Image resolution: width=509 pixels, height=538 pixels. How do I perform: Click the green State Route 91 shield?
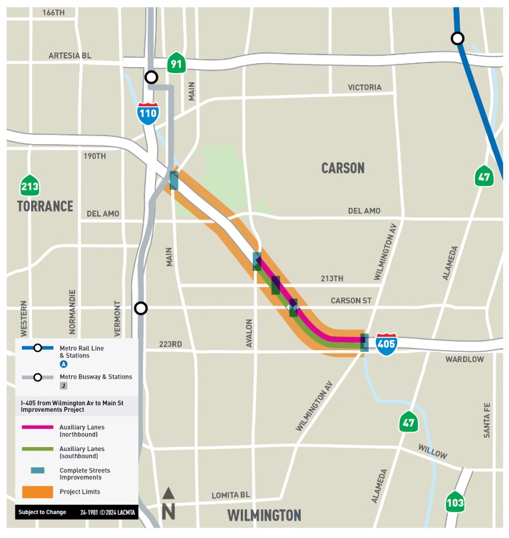pyautogui.click(x=176, y=63)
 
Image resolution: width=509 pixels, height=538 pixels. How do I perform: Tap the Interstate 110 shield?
pyautogui.click(x=148, y=114)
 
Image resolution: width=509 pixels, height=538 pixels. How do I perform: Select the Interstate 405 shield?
pyautogui.click(x=387, y=343)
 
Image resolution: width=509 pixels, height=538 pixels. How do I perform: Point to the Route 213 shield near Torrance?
pyautogui.click(x=29, y=185)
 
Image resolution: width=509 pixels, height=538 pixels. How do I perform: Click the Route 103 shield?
pyautogui.click(x=454, y=501)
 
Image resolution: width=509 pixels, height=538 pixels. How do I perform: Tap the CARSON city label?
pyautogui.click(x=343, y=168)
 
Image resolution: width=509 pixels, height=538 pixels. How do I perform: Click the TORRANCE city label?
pyautogui.click(x=45, y=206)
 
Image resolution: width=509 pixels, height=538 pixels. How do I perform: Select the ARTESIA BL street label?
pyautogui.click(x=70, y=56)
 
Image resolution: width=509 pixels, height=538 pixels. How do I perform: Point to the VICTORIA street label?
pyautogui.click(x=365, y=88)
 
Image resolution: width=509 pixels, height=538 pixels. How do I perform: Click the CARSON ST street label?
pyautogui.click(x=351, y=300)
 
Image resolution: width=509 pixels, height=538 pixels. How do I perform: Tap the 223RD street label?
pyautogui.click(x=170, y=344)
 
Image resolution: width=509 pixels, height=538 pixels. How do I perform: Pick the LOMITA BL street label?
pyautogui.click(x=231, y=495)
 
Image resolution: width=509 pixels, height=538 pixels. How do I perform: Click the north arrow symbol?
pyautogui.click(x=168, y=503)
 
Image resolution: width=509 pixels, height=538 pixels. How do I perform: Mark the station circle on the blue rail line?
pyautogui.click(x=458, y=39)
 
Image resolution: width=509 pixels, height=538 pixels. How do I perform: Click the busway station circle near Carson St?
pyautogui.click(x=140, y=308)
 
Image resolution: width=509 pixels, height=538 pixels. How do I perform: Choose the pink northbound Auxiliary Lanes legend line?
pyautogui.click(x=37, y=427)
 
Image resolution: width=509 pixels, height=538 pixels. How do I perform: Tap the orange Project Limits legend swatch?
pyautogui.click(x=37, y=492)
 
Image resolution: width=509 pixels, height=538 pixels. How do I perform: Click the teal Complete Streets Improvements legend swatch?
pyautogui.click(x=37, y=470)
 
